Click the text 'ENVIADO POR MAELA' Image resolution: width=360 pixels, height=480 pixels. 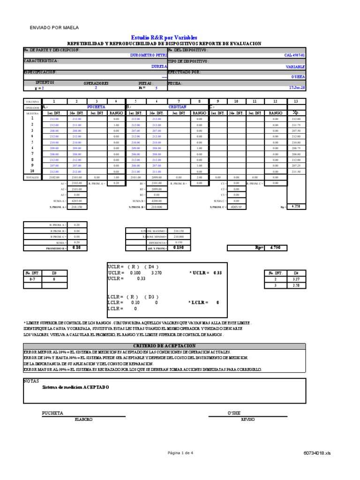(x=55, y=28)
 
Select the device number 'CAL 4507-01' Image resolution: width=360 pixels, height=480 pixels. (x=295, y=55)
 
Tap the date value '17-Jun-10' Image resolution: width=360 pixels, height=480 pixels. (x=297, y=88)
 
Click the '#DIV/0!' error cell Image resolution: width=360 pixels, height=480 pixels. (x=236, y=207)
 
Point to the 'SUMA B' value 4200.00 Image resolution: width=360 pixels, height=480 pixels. (x=157, y=201)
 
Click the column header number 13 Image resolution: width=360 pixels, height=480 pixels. (x=295, y=101)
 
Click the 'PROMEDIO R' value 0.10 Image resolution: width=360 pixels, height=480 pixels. (x=76, y=247)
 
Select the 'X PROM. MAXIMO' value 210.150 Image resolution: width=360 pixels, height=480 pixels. (x=179, y=231)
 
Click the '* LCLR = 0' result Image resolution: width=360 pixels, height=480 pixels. (x=203, y=303)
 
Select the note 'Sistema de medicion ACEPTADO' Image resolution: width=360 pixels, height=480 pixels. (x=75, y=387)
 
